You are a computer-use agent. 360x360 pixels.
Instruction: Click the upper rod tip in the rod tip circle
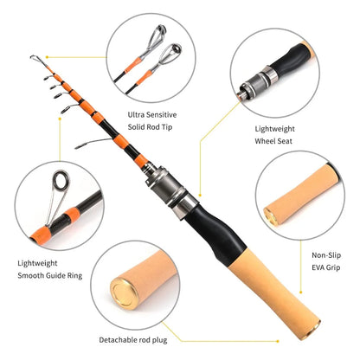[x=157, y=35]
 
